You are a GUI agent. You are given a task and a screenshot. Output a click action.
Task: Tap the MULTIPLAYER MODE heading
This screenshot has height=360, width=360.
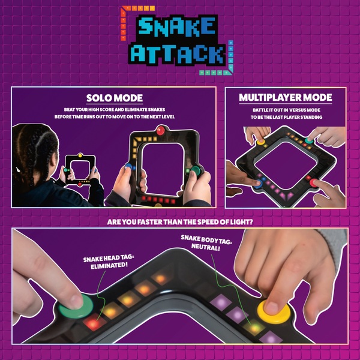[x=286, y=97]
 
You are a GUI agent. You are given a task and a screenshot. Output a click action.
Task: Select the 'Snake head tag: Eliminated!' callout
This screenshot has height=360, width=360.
[x=109, y=263]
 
